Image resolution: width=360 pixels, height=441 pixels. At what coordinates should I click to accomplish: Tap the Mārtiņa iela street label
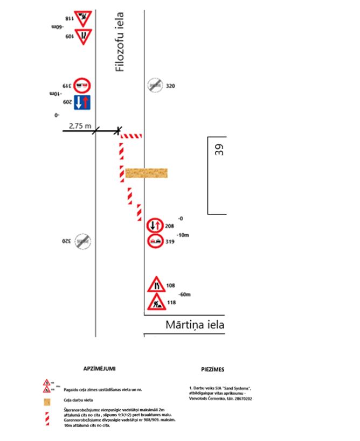[x=195, y=325]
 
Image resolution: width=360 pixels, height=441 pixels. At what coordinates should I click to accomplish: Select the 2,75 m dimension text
[x=80, y=125]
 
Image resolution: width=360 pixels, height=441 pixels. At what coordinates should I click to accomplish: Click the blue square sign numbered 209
[x=82, y=102]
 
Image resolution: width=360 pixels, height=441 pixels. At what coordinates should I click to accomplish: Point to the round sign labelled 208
[x=155, y=226]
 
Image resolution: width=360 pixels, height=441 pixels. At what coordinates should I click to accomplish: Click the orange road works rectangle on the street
[x=146, y=173]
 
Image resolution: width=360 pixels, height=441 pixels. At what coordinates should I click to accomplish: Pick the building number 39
[x=219, y=150]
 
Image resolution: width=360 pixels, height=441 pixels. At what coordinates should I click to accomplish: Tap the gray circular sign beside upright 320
[x=155, y=86]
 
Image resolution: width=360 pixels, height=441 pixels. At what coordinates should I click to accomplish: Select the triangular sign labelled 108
[x=156, y=285]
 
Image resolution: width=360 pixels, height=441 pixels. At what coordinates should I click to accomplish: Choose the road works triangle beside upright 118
[x=156, y=302]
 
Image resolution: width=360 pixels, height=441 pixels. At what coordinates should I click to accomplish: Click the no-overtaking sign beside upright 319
[x=155, y=241]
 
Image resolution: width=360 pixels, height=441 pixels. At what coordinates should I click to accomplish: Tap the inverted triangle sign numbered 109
[x=83, y=37]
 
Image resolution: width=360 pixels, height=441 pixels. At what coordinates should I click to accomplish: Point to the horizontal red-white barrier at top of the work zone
[x=131, y=136]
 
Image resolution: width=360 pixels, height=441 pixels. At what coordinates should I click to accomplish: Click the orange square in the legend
[x=47, y=401]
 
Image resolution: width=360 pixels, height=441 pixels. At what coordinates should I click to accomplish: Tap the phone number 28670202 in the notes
[x=241, y=399]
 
